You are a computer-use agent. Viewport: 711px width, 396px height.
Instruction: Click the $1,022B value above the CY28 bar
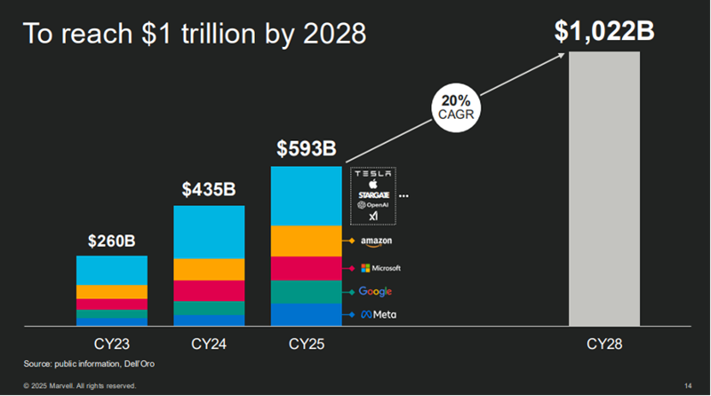coord(604,31)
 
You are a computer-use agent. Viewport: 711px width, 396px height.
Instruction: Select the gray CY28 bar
coord(604,188)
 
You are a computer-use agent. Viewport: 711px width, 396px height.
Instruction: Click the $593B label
coord(305,148)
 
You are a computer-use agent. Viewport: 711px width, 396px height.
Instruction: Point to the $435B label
coord(209,189)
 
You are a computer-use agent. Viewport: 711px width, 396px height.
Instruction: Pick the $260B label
coord(111,240)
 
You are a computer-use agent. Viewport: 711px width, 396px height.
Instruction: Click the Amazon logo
coord(376,242)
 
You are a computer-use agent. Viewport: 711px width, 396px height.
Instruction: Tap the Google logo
coord(376,292)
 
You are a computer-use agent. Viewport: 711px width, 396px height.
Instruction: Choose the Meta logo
coord(377,315)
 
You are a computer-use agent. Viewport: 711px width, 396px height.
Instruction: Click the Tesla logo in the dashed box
coord(373,174)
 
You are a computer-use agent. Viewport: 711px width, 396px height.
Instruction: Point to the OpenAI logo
coord(373,204)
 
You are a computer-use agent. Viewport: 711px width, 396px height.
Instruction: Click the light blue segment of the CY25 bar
coord(305,196)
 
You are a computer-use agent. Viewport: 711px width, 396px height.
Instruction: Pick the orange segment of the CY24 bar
coord(209,269)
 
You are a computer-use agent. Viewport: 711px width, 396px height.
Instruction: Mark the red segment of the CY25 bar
coord(305,269)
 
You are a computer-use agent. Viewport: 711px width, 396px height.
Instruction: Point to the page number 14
coord(689,386)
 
